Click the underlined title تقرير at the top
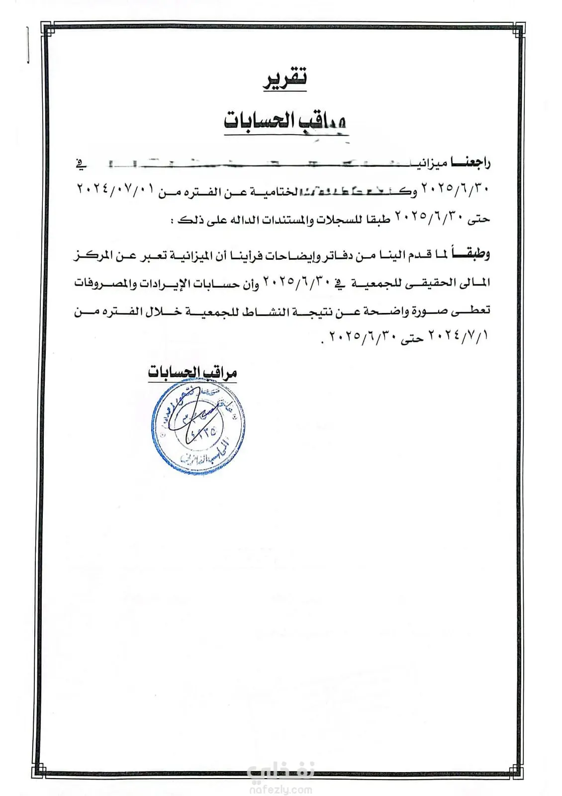[x=285, y=80]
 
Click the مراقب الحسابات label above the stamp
[x=192, y=372]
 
